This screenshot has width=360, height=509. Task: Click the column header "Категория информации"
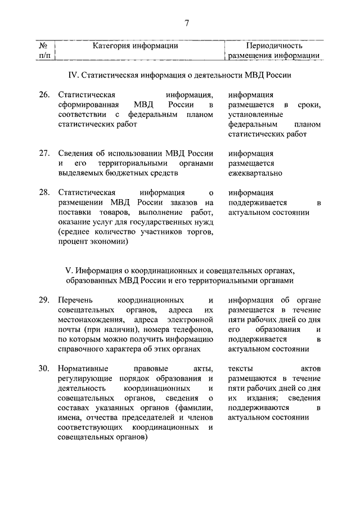pos(136,46)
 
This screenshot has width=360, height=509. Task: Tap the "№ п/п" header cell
pos(44,51)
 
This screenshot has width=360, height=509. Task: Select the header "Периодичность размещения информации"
pos(274,51)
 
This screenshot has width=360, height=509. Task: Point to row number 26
pos(44,94)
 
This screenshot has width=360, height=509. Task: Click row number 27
pos(44,153)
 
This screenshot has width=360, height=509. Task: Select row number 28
pos(44,192)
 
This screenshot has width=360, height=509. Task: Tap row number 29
pos(44,299)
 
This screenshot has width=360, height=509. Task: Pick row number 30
pos(44,368)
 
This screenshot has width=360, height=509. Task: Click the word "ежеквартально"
pos(255,173)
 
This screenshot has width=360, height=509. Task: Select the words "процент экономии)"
pos(93,242)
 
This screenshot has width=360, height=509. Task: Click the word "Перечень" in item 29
pos(75,299)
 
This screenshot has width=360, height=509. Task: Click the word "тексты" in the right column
pos(241,368)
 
